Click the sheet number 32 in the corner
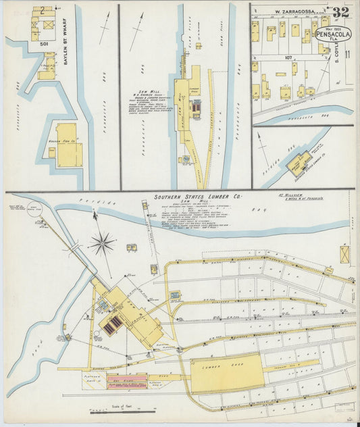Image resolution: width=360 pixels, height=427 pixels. click(341, 11)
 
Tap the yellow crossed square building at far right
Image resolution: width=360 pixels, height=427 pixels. click(346, 255)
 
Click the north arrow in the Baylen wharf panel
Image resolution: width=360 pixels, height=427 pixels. click(105, 20)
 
